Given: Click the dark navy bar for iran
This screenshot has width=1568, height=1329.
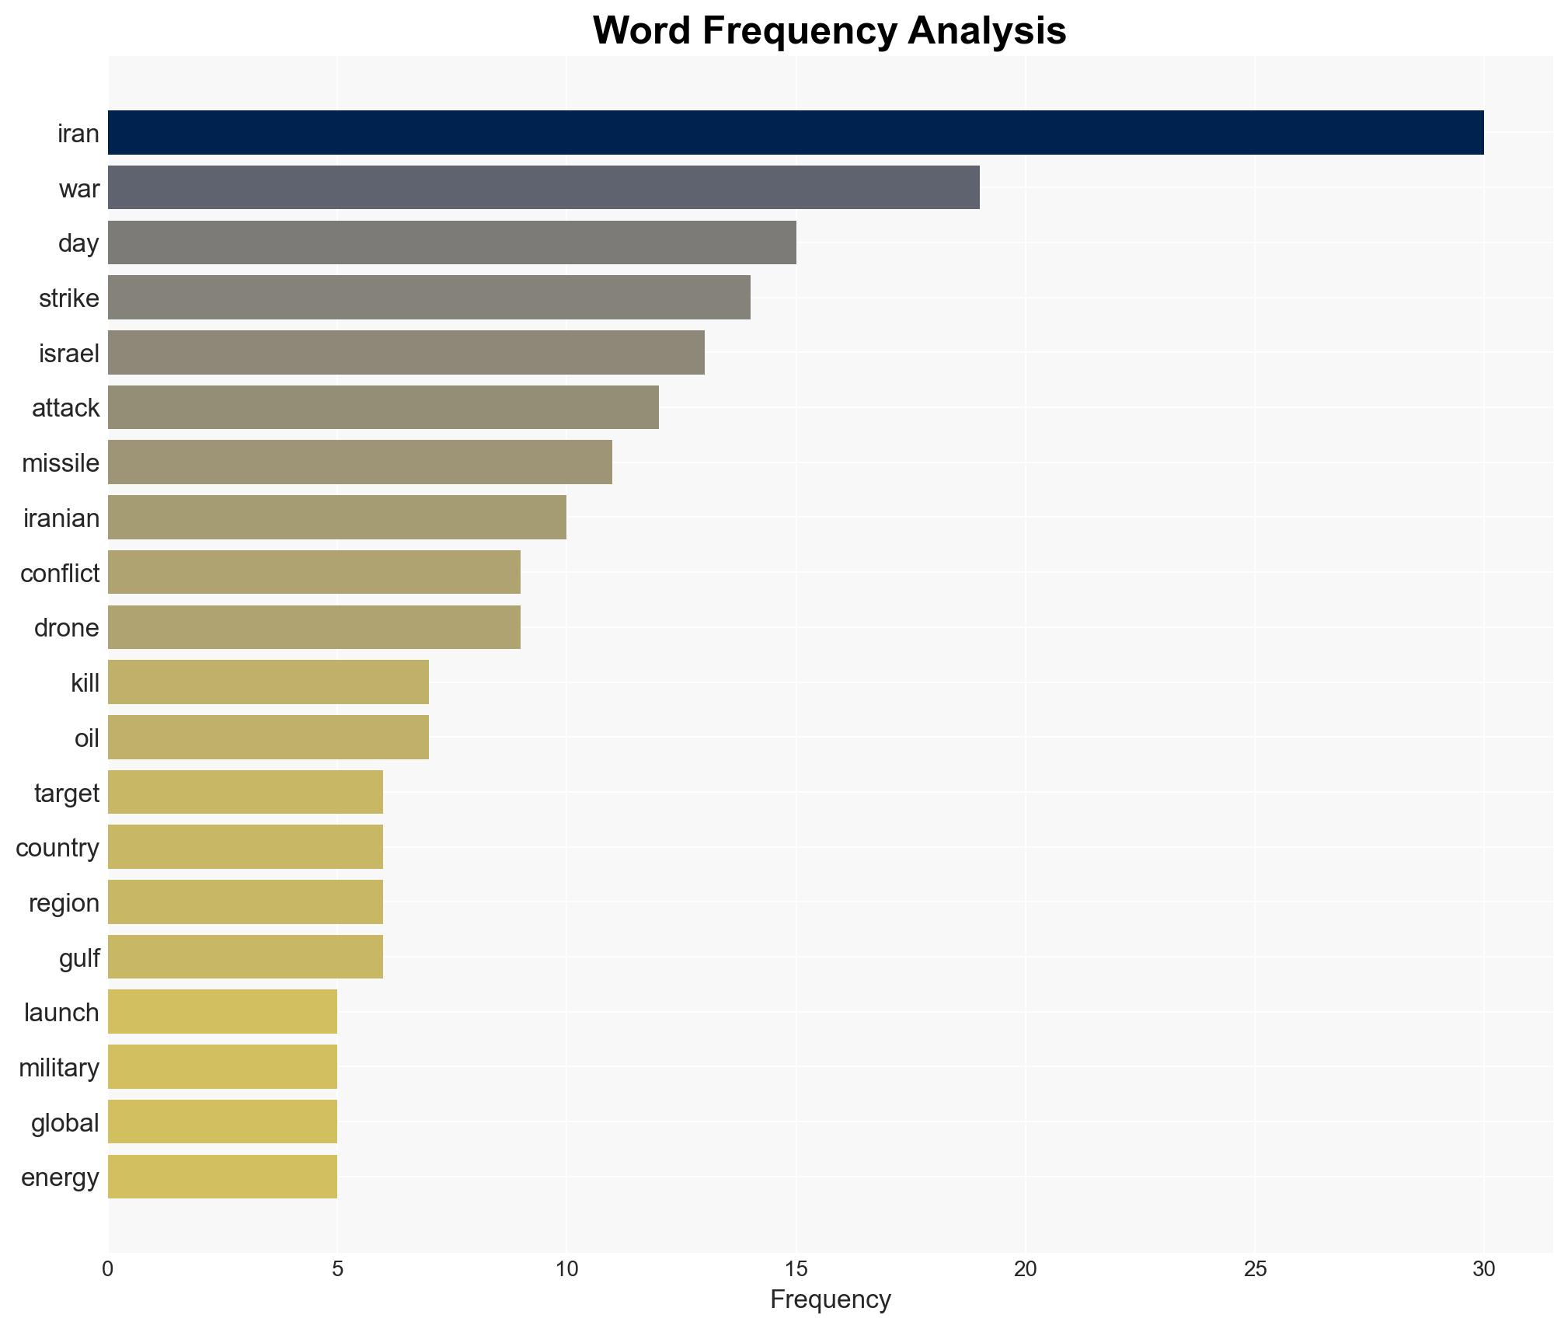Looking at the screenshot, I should [x=795, y=133].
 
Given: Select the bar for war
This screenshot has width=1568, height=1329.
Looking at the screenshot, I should [x=543, y=187].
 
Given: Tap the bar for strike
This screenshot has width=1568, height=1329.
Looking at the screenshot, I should [x=429, y=298].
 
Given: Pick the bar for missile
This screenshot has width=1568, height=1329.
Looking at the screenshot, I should [x=360, y=462].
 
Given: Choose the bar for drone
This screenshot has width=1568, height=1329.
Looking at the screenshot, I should [x=314, y=627].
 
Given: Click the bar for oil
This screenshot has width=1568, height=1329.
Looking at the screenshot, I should [x=268, y=738].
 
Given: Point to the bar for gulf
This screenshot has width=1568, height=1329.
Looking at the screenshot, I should [x=246, y=957].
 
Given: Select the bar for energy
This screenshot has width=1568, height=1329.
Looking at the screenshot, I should [x=222, y=1177].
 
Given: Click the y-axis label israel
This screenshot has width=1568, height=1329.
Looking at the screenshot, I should [x=69, y=354].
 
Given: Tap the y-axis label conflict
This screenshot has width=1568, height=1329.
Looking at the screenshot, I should [x=60, y=574].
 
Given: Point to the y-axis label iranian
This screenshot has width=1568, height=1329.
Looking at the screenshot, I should [x=61, y=518].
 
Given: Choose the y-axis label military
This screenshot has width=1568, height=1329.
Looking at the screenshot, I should [x=59, y=1068].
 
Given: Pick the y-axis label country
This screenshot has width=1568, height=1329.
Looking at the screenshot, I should [x=57, y=848].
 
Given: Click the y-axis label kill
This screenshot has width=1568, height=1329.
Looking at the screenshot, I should [x=85, y=683].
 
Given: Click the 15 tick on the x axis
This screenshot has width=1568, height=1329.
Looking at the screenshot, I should [x=796, y=1269].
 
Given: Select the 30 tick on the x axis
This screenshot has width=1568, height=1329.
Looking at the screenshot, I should [x=1483, y=1269].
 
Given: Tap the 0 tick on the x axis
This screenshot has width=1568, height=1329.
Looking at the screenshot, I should [x=108, y=1269].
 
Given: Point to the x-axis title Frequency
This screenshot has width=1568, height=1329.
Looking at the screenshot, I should [x=830, y=1299].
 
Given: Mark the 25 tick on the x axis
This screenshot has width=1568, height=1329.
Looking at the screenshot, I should [x=1254, y=1269].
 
